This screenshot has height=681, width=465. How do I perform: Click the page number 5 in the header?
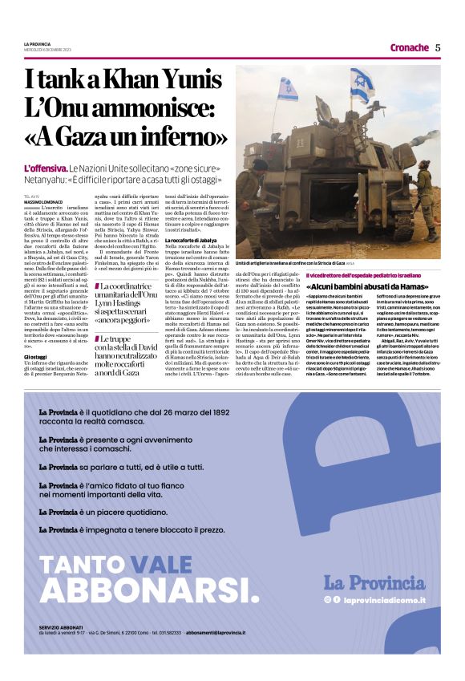[438, 47]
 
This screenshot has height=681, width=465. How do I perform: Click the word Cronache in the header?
[409, 47]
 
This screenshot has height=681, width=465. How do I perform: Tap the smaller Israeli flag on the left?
[289, 89]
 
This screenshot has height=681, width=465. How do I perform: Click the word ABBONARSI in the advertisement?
[148, 589]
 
